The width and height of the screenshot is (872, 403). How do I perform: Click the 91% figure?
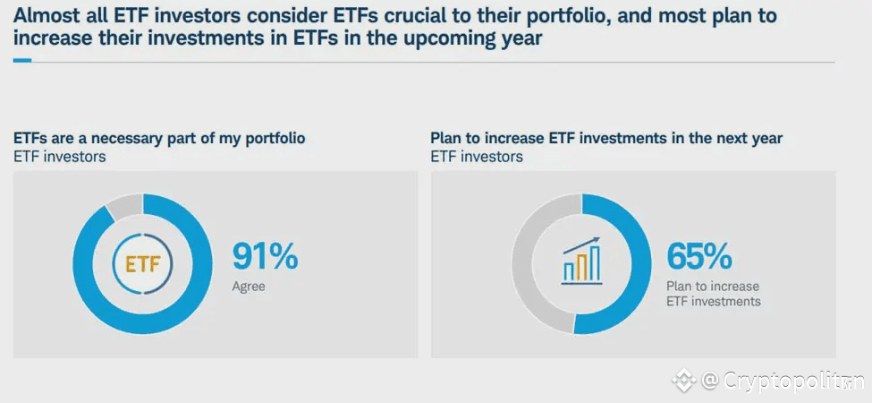(x=265, y=256)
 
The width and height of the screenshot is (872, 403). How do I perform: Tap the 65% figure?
(x=698, y=256)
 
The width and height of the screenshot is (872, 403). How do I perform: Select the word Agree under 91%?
(x=249, y=287)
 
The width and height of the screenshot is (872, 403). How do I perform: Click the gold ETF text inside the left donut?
(x=142, y=264)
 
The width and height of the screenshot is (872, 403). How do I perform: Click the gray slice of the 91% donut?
(x=123, y=206)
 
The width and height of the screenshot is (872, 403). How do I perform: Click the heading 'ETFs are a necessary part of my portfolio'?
(x=159, y=138)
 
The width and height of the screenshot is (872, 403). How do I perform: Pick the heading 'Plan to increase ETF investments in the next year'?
(x=606, y=138)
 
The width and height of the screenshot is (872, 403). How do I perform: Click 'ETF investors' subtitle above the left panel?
(x=59, y=157)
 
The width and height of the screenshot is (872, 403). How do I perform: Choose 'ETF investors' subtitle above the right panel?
(x=477, y=157)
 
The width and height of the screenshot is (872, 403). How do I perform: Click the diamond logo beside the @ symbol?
(x=684, y=382)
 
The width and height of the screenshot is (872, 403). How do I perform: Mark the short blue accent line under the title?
(x=22, y=61)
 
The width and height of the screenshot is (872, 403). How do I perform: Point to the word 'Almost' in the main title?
(x=46, y=16)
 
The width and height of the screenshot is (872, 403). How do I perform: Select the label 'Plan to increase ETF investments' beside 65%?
(x=713, y=294)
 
